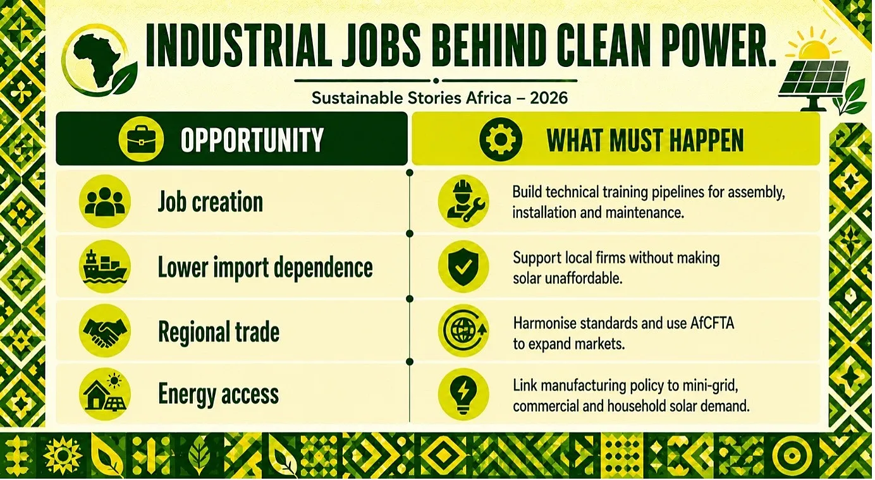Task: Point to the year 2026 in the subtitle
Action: click(x=548, y=97)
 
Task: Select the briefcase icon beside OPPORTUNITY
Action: click(x=140, y=139)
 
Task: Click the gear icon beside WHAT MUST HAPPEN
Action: click(x=500, y=140)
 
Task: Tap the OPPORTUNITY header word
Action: click(x=252, y=140)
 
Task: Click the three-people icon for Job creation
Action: click(x=104, y=201)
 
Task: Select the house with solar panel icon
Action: click(x=104, y=394)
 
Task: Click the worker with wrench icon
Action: click(x=463, y=201)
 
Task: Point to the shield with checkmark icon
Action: click(x=463, y=267)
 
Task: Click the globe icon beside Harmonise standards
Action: click(x=463, y=332)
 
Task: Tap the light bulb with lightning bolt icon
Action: click(x=463, y=394)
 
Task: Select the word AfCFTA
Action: click(x=712, y=323)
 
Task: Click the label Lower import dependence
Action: click(x=266, y=268)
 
